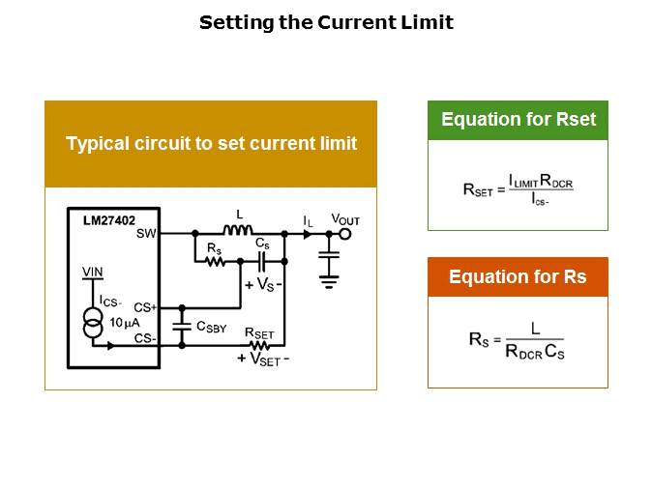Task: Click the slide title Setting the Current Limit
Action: tap(326, 23)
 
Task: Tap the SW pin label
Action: tap(147, 234)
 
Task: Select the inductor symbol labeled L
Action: tap(237, 231)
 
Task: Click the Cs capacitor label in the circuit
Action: tap(262, 245)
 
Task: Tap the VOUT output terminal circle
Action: tap(344, 233)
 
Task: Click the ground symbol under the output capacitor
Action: tap(329, 282)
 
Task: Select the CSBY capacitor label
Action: tap(211, 327)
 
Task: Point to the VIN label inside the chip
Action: tap(93, 272)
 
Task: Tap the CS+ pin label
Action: tap(146, 306)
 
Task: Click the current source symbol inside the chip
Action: tap(94, 322)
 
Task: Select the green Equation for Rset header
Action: tap(518, 121)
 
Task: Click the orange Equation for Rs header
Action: tap(518, 277)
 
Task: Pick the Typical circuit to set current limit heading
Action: tap(211, 144)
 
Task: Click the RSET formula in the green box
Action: tap(518, 188)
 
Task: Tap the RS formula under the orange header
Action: tap(517, 342)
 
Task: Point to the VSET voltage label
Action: tap(262, 358)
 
